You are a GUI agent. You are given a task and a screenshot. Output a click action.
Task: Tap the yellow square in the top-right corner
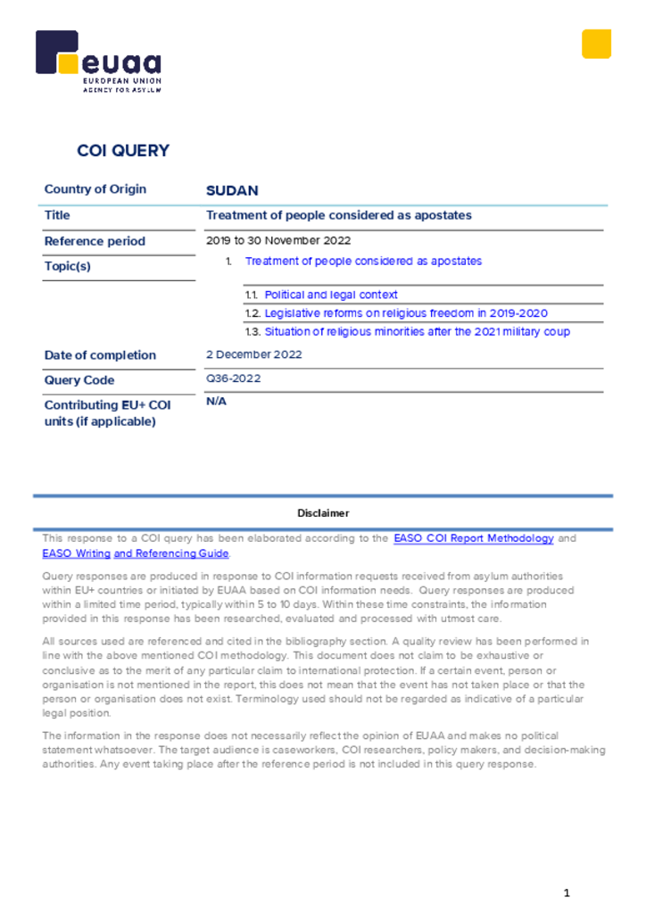[x=596, y=44]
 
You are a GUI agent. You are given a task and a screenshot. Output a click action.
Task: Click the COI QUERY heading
[x=123, y=151]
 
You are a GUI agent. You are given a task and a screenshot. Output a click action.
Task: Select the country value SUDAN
[x=232, y=191]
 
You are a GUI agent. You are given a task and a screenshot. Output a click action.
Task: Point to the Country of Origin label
[x=95, y=189]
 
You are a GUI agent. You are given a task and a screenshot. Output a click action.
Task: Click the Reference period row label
[x=95, y=241]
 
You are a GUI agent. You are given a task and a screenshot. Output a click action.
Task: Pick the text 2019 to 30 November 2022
[x=278, y=240]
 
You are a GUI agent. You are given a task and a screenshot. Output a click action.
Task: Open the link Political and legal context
[x=331, y=295]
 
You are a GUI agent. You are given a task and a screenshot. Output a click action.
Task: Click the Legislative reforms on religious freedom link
[x=406, y=313]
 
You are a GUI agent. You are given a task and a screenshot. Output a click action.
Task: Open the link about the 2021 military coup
[x=417, y=332]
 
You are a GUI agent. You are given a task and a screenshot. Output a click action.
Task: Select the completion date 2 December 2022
[x=254, y=354]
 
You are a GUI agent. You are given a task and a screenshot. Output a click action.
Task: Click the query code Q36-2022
[x=233, y=378]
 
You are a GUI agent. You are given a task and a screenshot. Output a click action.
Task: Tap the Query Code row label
[x=79, y=380]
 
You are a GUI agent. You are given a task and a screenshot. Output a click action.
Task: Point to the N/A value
[x=216, y=402]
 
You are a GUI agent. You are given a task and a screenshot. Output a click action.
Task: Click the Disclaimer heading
[x=323, y=513]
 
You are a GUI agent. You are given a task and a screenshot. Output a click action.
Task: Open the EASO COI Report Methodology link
[x=473, y=539]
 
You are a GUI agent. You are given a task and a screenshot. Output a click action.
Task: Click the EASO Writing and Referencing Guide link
[x=136, y=553]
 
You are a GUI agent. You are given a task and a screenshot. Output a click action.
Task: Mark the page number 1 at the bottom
[x=567, y=893]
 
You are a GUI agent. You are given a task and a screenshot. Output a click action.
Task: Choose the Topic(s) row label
[x=68, y=266]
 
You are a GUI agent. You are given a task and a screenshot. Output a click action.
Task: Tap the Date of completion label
[x=100, y=355]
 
